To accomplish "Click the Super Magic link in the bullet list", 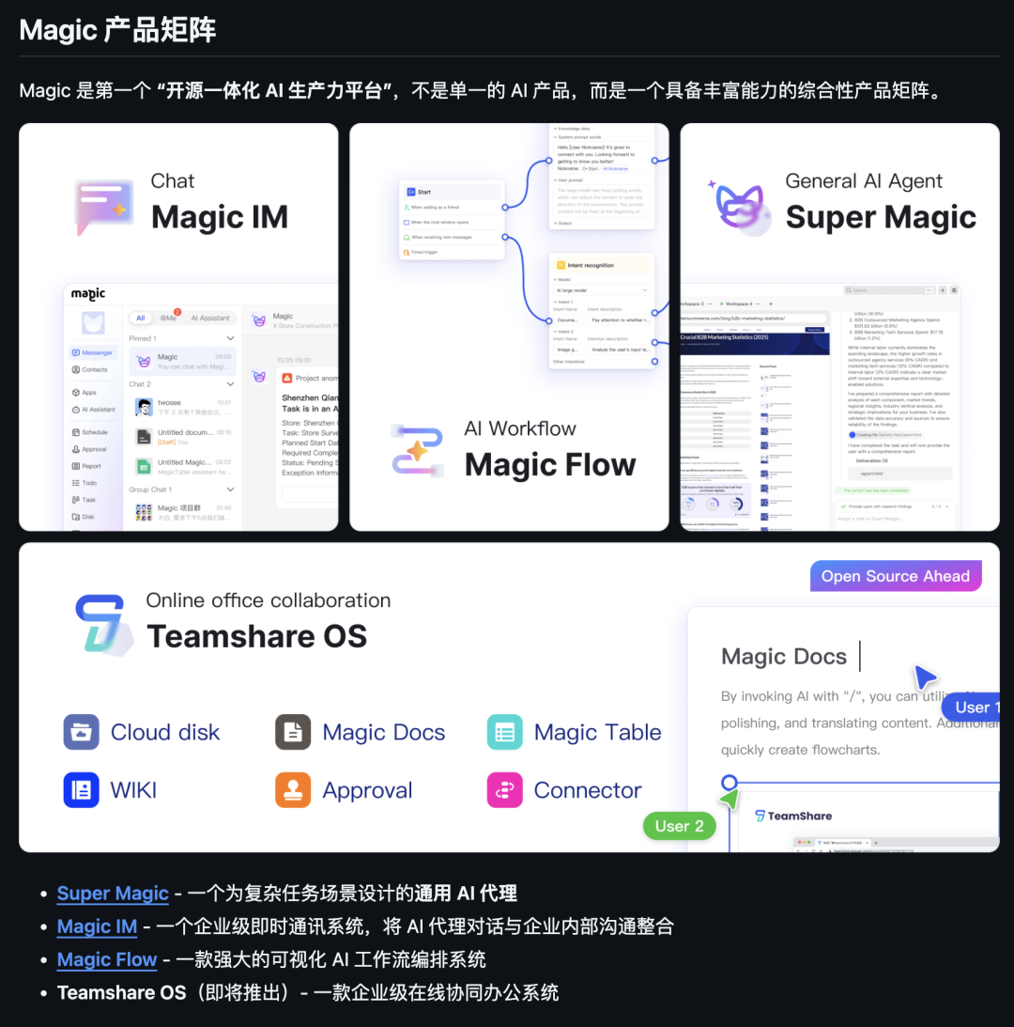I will (x=113, y=894).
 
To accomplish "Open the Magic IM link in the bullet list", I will (x=97, y=926).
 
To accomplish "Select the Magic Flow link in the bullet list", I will (x=106, y=959).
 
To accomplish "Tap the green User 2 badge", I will (x=679, y=826).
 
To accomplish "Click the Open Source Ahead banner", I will (x=895, y=576).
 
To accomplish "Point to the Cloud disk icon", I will (x=82, y=732).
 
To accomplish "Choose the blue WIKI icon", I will (x=82, y=790).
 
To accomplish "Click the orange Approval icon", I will (x=293, y=790).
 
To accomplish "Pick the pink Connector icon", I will (x=504, y=790).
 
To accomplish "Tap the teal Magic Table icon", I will (x=504, y=732).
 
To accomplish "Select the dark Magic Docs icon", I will (x=293, y=732).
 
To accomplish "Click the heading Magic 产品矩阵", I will (x=117, y=30).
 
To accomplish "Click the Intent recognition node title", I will (x=591, y=266).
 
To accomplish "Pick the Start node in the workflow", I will (x=424, y=192).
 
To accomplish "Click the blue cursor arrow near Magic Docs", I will (x=925, y=677).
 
